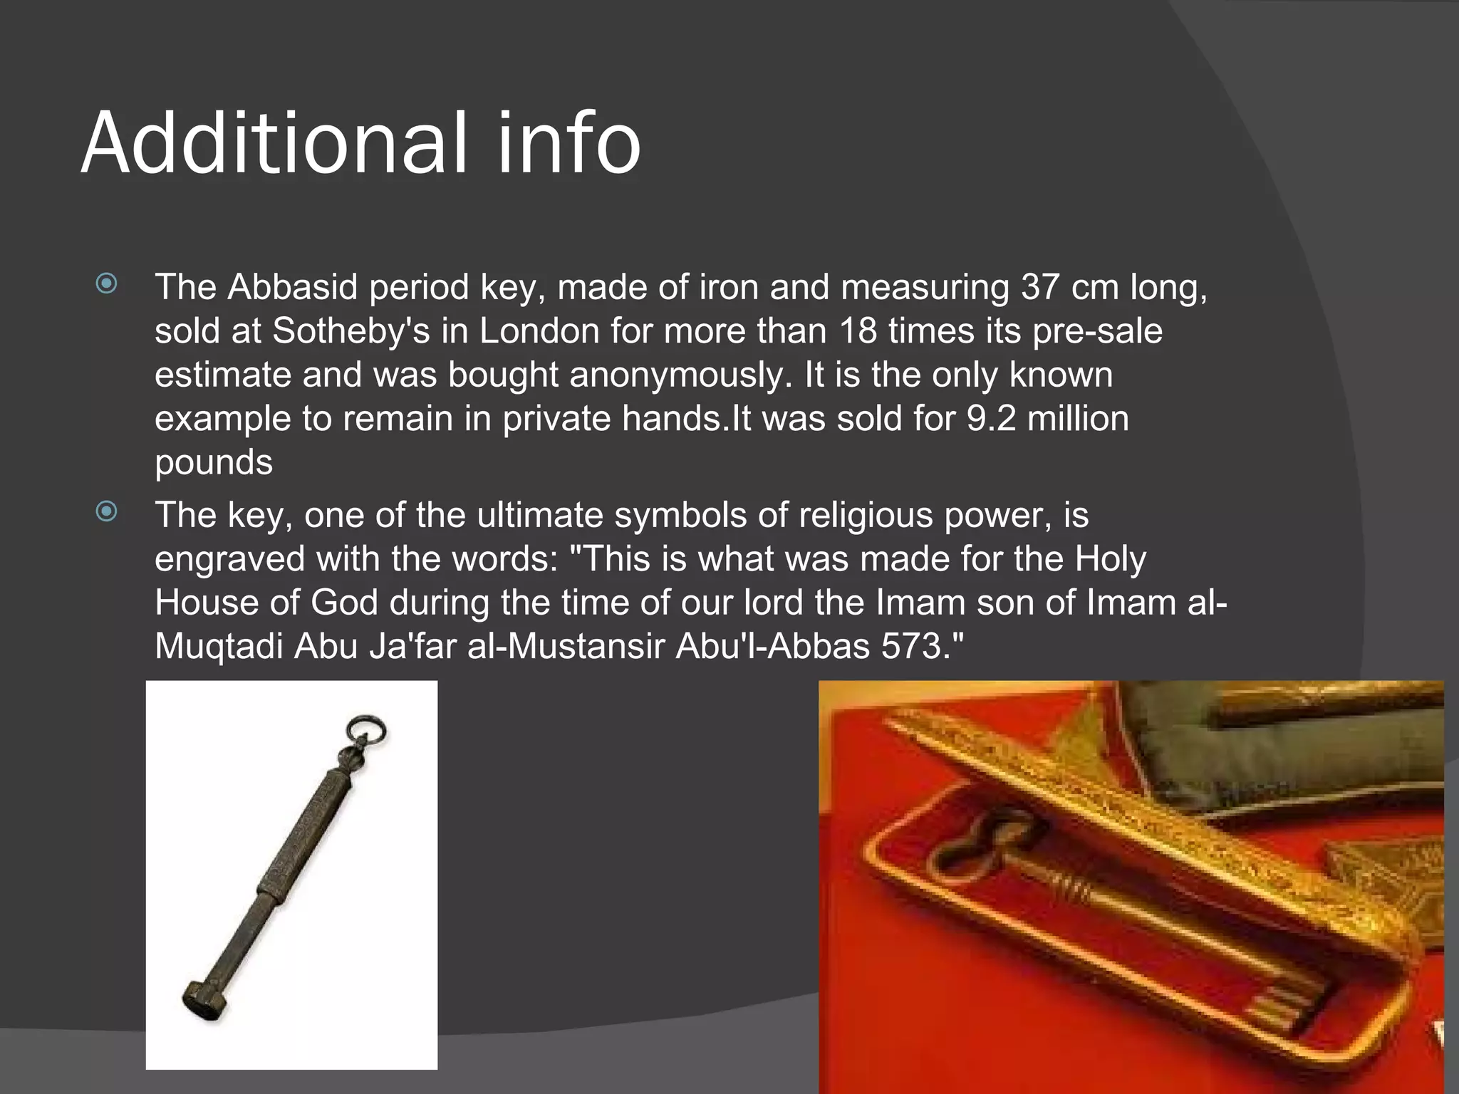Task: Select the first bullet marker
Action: coord(107,284)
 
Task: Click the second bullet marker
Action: coord(107,511)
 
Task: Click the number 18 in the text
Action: coord(858,331)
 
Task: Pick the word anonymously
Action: coord(680,375)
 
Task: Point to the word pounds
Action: coord(214,463)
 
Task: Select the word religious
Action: coord(866,515)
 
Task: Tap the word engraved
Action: coord(230,559)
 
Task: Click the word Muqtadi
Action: coord(219,647)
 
